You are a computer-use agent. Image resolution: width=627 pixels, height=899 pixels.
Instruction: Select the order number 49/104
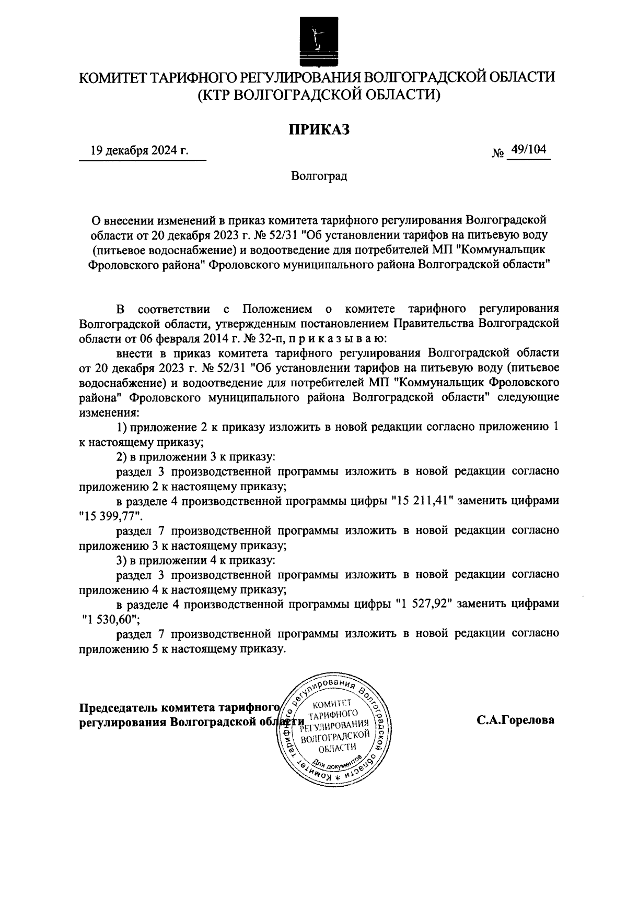tap(529, 150)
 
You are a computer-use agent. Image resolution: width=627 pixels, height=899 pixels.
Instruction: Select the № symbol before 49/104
tap(497, 153)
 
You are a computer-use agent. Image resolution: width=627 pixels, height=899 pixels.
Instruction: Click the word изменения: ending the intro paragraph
tap(109, 412)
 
